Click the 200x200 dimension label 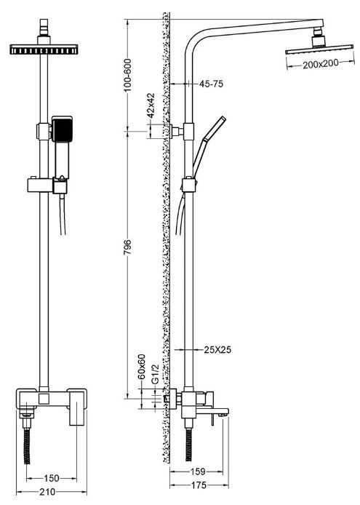coord(321,64)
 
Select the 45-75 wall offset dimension coord(211,84)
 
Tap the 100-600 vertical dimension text coord(128,75)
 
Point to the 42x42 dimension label coord(151,105)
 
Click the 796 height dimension coord(128,247)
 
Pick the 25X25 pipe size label coord(217,349)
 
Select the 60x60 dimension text coord(142,367)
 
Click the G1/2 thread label coord(156,374)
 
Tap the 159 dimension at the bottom coord(198,472)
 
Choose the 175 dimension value coord(199,485)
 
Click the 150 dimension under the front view coord(52,478)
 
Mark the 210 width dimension coord(47,492)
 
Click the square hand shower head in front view coord(62,129)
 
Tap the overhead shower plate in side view coord(319,49)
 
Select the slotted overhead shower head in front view coord(44,49)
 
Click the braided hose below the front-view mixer coord(28,446)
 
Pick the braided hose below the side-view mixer coord(188,445)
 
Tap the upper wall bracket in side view coord(177,132)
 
